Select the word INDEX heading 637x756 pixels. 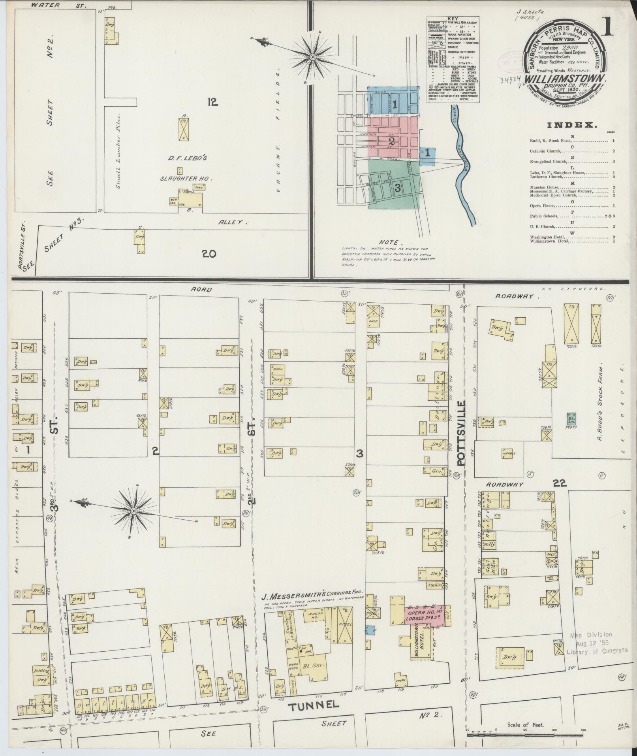(571, 125)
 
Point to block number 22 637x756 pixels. (560, 483)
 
